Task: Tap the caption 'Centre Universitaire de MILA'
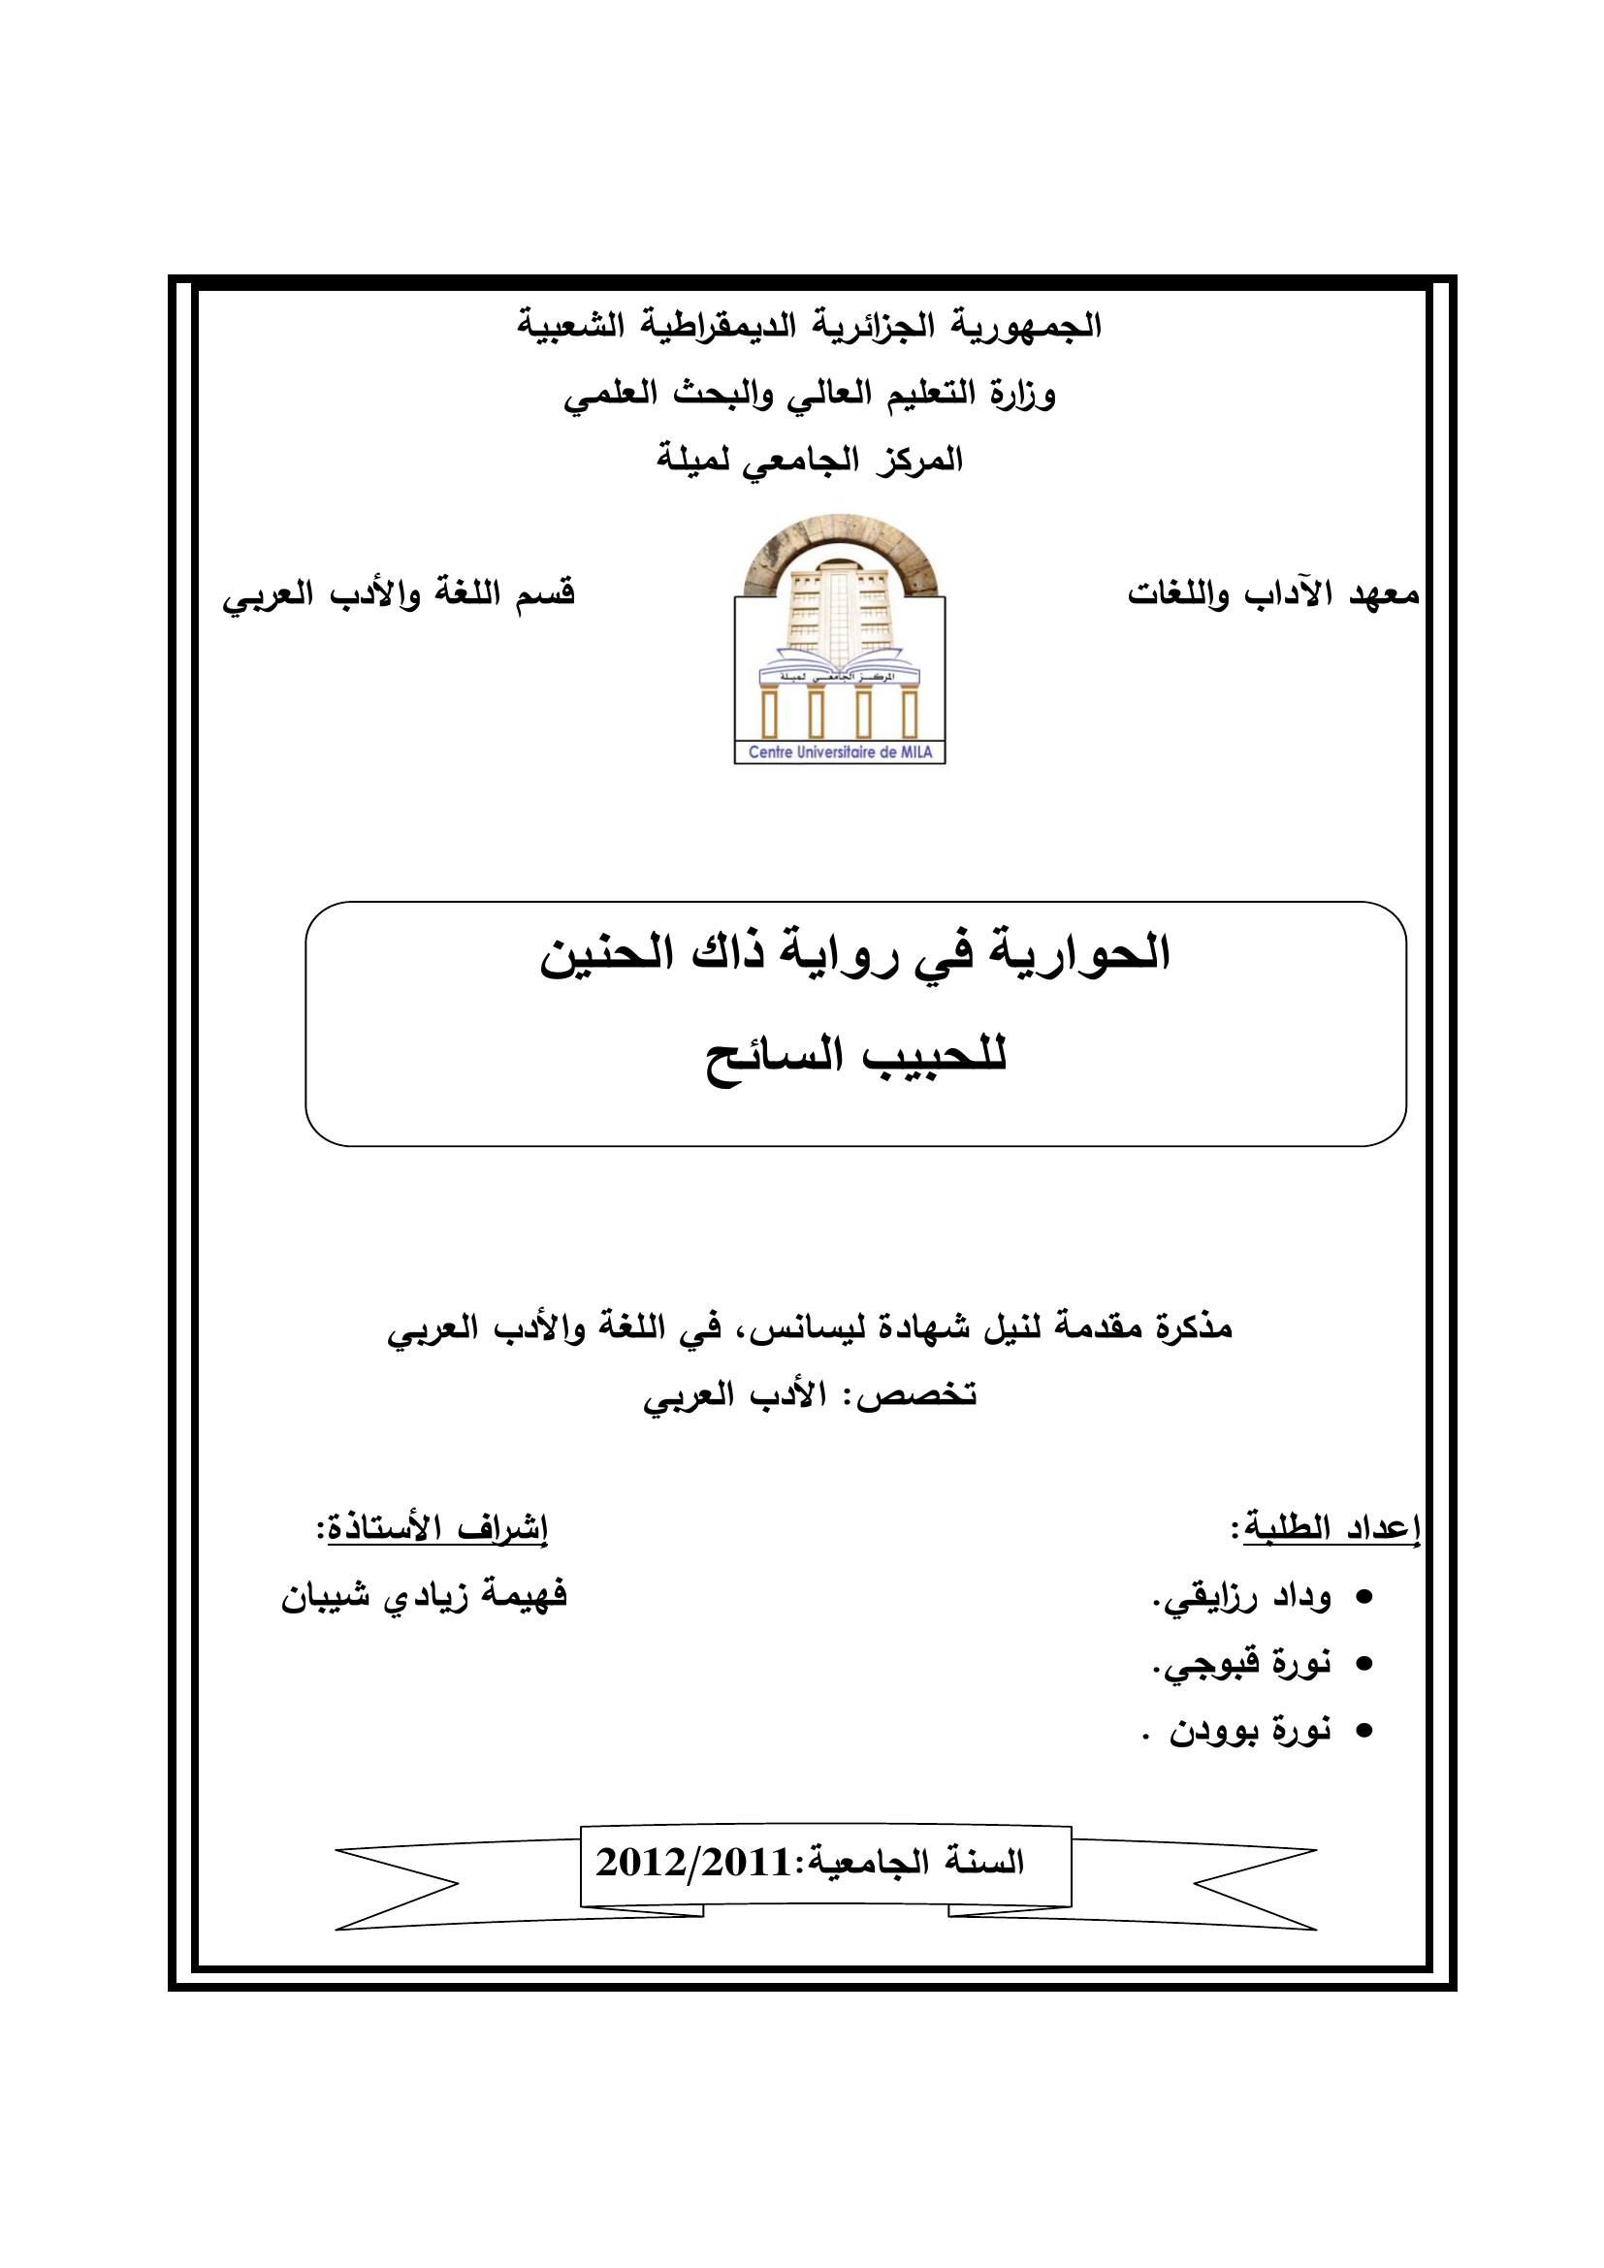tap(839, 752)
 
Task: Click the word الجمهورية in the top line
tap(1031, 326)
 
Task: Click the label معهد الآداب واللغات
tap(1273, 594)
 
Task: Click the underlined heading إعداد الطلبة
tap(1330, 1529)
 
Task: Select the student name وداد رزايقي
tap(1243, 1597)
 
